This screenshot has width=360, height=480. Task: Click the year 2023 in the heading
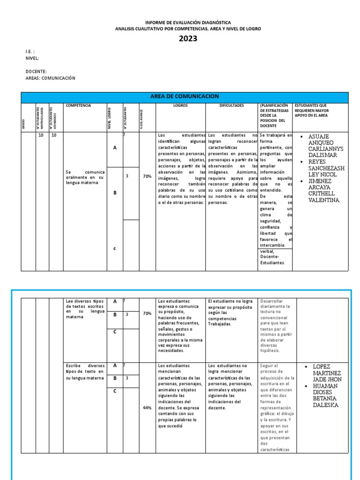pos(188,39)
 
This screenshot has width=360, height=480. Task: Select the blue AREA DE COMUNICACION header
pos(184,97)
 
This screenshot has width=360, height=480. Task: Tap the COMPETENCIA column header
pos(78,106)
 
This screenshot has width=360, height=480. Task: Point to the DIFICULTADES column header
pos(232,106)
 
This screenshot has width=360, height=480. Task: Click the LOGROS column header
pos(180,106)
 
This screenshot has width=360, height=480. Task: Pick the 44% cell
pos(147,408)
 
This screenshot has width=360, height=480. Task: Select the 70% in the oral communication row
pos(147,176)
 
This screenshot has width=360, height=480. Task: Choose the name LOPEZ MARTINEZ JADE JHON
pos(325,373)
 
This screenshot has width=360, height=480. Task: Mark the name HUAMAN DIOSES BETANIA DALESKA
pos(325,395)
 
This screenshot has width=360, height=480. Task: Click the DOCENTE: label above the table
pos(36,71)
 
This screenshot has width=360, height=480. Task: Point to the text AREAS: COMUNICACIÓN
pos(50,78)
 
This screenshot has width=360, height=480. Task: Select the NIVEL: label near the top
pos(32,58)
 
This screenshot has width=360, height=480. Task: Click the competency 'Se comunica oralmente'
pos(84,177)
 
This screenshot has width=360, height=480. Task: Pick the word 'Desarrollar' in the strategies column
pos(271,301)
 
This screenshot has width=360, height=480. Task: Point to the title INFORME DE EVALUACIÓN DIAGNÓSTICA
pos(187,22)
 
